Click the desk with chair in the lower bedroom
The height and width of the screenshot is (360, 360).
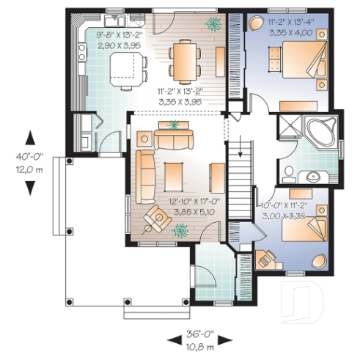coord(268,258)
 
